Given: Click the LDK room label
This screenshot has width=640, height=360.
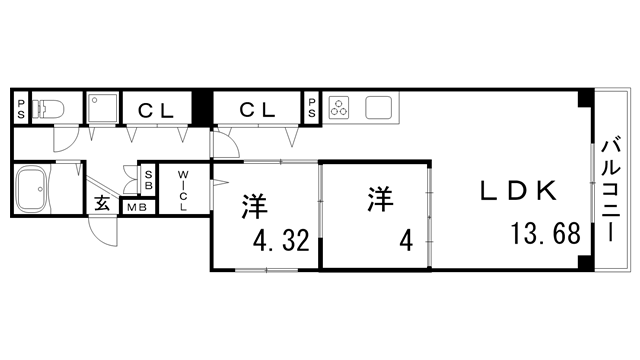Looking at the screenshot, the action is [x=516, y=191].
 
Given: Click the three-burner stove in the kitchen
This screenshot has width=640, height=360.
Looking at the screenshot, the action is [x=340, y=107].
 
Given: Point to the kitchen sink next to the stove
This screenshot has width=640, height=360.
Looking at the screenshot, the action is [x=380, y=107].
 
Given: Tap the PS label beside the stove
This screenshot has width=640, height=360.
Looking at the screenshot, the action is [x=312, y=108].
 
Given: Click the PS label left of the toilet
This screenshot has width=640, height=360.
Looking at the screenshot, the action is [x=21, y=108].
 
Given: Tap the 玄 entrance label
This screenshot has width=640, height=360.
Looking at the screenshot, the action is [x=102, y=204].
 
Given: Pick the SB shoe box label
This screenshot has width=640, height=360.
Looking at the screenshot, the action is [x=148, y=180].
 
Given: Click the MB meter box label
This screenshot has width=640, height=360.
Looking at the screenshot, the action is [x=135, y=208].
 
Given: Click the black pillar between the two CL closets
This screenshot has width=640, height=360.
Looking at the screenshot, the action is [x=203, y=107].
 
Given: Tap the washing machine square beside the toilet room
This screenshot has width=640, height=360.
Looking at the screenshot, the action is [x=102, y=108].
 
